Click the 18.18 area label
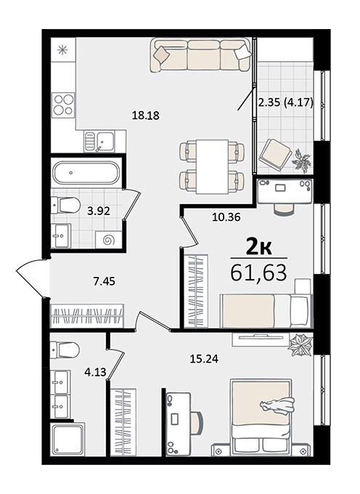point(145,116)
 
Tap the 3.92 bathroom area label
point(99,211)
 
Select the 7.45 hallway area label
point(105,281)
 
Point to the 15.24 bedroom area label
point(204,359)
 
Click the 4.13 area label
point(95,372)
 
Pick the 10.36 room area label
point(226,217)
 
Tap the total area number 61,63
point(258,273)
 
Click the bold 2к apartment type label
point(258,248)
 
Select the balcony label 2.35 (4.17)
point(285,102)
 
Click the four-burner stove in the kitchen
point(64,105)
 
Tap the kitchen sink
point(99,141)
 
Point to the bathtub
point(86,173)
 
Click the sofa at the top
point(200,55)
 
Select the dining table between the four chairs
point(212,166)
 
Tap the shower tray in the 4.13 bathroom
point(67,440)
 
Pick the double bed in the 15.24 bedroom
point(261,416)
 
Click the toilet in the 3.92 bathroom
point(65,205)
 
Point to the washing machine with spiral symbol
point(109,240)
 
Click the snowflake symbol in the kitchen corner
point(62,50)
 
